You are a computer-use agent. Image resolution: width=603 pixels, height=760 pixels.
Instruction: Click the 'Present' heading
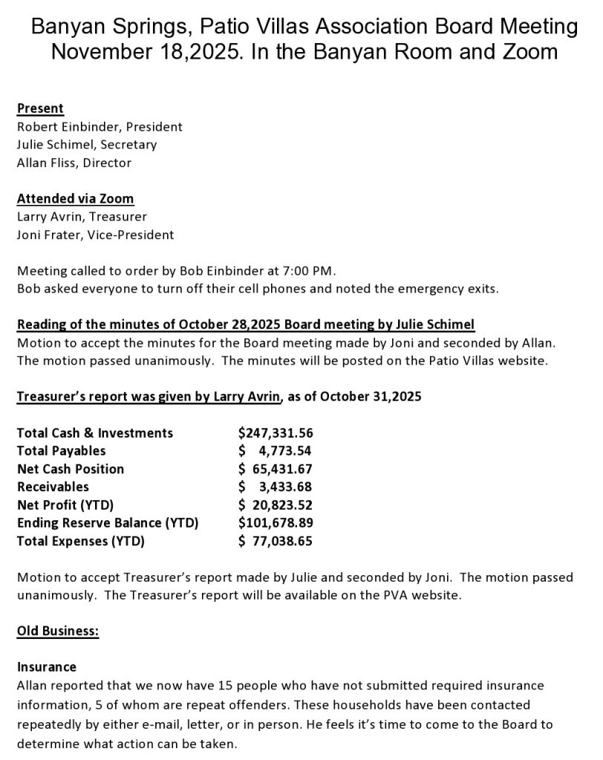tap(40, 108)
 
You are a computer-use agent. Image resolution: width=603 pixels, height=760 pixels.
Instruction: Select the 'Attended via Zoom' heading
tap(75, 199)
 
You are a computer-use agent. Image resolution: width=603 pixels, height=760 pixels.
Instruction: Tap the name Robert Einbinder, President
tap(100, 127)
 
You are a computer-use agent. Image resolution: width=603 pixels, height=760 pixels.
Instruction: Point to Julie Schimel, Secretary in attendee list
tap(87, 145)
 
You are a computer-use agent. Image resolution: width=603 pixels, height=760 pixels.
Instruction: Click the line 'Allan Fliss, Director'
tap(74, 163)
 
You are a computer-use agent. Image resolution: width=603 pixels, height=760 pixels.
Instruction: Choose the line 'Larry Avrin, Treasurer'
tap(82, 217)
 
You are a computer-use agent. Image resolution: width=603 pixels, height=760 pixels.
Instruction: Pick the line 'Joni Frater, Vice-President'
tap(95, 235)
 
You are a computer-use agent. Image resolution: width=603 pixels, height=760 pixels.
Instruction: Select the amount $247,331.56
tap(276, 433)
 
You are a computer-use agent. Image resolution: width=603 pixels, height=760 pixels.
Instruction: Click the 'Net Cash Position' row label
tap(71, 469)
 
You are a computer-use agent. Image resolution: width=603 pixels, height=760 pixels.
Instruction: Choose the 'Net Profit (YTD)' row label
tap(65, 505)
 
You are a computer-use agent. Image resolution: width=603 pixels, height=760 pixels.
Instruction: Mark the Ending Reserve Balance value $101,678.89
tap(276, 523)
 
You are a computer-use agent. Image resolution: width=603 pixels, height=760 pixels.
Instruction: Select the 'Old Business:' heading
tap(58, 632)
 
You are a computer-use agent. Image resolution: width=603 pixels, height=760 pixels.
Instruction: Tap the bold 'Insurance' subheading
tap(47, 667)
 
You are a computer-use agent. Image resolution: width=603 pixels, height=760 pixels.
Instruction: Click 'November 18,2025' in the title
tap(141, 52)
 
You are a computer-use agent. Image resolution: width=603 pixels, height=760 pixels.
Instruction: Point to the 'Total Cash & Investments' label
tap(95, 433)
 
